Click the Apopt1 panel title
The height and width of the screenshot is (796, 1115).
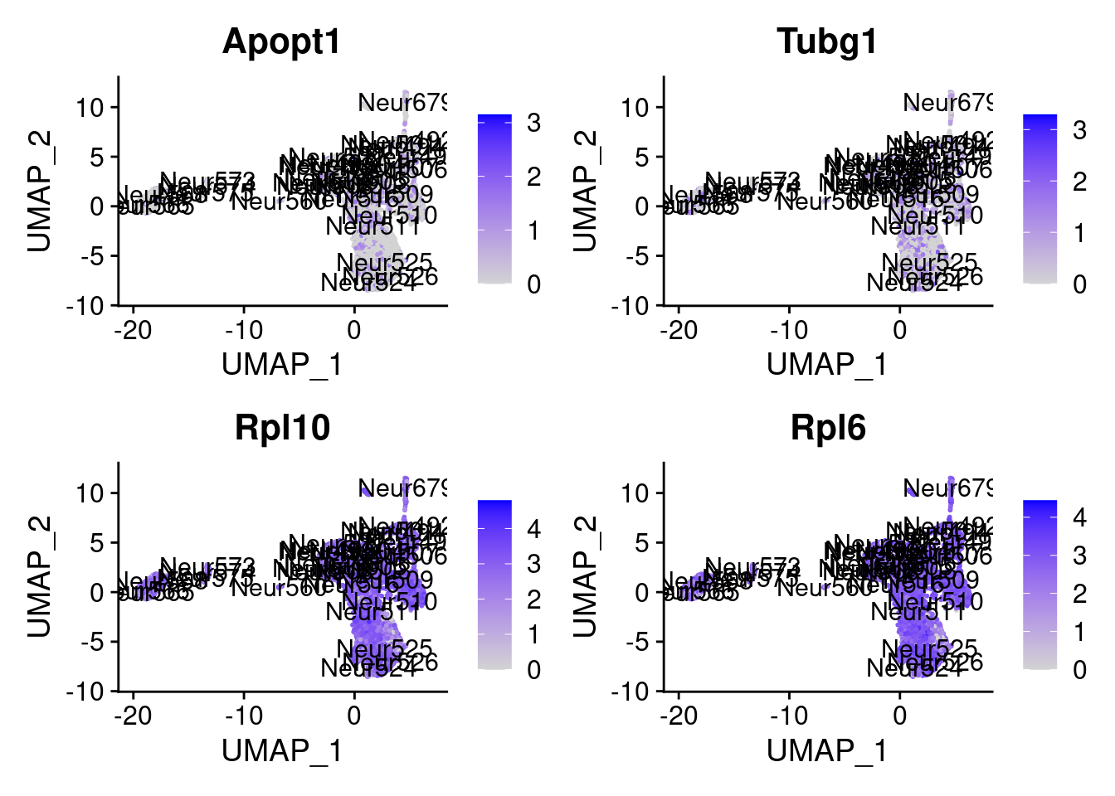282,42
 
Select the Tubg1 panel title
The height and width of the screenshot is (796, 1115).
827,42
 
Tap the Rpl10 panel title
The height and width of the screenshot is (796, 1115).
282,428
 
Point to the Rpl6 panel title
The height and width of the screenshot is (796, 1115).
827,428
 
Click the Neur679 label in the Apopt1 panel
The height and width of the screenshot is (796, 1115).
402,103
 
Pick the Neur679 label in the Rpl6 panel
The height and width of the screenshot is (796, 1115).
947,488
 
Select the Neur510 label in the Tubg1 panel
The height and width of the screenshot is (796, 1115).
935,216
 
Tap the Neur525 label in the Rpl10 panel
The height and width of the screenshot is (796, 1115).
385,648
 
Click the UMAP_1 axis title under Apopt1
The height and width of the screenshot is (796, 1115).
282,364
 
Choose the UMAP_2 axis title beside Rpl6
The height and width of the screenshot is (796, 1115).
585,575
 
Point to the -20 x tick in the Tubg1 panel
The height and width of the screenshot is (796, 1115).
679,331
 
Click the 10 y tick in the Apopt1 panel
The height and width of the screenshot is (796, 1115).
89,107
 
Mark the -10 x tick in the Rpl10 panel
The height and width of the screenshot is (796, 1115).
244,716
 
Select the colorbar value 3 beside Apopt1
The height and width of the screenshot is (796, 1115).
533,123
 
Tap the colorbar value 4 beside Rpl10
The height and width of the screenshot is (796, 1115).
533,528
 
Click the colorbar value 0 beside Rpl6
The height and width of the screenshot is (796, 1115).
1078,669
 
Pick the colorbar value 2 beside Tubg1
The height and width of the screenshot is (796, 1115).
1078,182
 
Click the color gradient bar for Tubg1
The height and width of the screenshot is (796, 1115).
1040,199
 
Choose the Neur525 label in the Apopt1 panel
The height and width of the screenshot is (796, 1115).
385,263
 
